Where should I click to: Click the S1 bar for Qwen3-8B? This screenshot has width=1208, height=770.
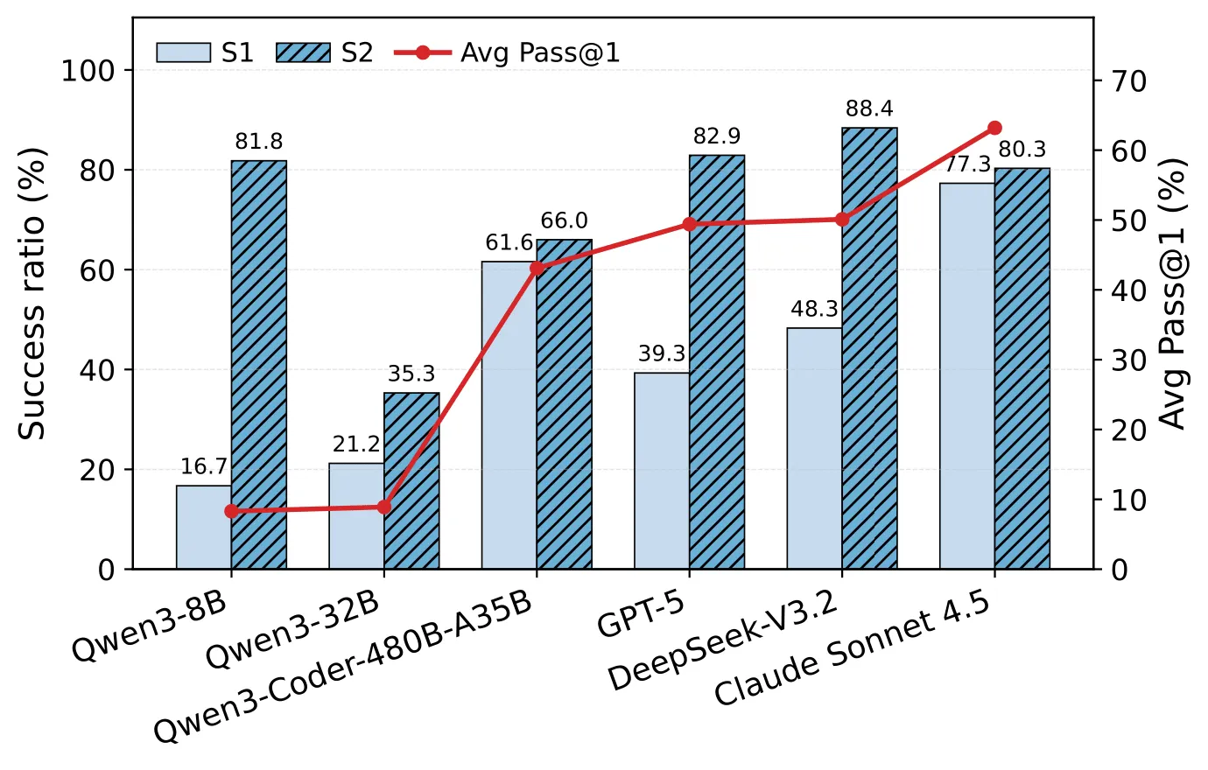(204, 527)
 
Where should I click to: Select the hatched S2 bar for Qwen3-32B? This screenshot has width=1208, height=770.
(411, 480)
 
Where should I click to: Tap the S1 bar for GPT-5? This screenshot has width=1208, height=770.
(662, 471)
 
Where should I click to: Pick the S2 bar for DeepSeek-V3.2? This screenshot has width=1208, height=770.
(869, 348)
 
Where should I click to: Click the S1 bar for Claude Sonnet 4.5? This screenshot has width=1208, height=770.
(967, 376)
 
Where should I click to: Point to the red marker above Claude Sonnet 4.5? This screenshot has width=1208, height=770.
(995, 128)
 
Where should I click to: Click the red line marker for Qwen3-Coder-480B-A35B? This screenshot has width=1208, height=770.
(537, 268)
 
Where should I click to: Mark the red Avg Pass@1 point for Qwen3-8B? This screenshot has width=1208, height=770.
(231, 511)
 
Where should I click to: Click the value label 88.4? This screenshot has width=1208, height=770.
(869, 108)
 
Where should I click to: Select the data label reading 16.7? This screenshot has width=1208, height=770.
(204, 466)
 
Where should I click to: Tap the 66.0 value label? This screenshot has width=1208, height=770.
(564, 220)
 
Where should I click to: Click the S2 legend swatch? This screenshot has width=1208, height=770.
(303, 52)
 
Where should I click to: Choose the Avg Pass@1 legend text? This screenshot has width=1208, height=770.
(540, 53)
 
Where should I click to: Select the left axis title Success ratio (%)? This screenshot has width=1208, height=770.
(32, 294)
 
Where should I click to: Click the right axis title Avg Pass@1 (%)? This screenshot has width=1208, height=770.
(1174, 294)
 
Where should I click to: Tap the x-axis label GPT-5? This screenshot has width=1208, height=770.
(641, 615)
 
